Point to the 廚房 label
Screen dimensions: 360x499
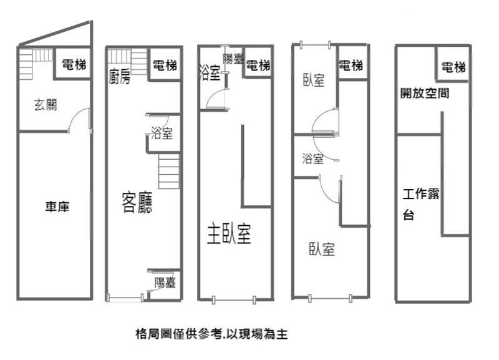click(x=119, y=77)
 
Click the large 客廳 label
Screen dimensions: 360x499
click(x=137, y=203)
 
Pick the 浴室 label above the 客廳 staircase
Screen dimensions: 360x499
click(x=162, y=133)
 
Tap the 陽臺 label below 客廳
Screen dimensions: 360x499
click(x=165, y=283)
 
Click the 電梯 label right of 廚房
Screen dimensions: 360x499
click(x=165, y=64)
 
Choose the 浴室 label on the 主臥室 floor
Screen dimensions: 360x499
click(x=210, y=73)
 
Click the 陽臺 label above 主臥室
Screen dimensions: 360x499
click(x=233, y=60)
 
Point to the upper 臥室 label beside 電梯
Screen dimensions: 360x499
click(x=314, y=80)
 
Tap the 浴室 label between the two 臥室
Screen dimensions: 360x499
click(x=312, y=158)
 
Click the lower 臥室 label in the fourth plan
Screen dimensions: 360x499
click(x=322, y=250)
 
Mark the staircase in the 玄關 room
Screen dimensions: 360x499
click(x=34, y=62)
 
